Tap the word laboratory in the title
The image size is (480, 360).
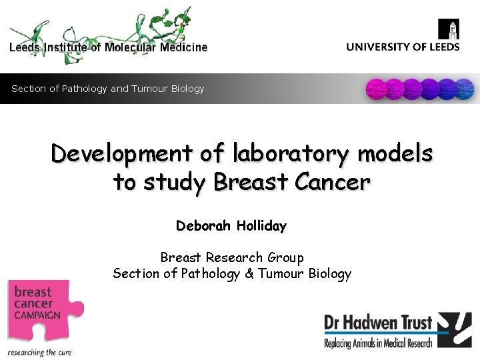291,154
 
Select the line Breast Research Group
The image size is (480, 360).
231,257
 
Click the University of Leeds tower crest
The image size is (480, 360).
449,30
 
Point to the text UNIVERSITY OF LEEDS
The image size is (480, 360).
403,47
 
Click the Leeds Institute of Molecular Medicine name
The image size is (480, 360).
108,47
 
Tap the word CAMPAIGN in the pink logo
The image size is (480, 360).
38,315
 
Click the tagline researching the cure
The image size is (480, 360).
39,352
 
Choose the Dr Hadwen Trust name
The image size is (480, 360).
378,325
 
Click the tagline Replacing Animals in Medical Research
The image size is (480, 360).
378,343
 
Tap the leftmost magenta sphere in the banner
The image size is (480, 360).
377,89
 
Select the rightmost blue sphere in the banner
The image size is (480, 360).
464,89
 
